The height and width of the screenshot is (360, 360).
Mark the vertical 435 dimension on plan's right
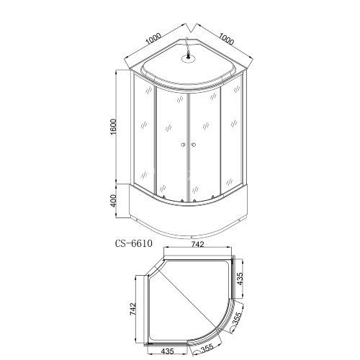pos(248,280)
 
